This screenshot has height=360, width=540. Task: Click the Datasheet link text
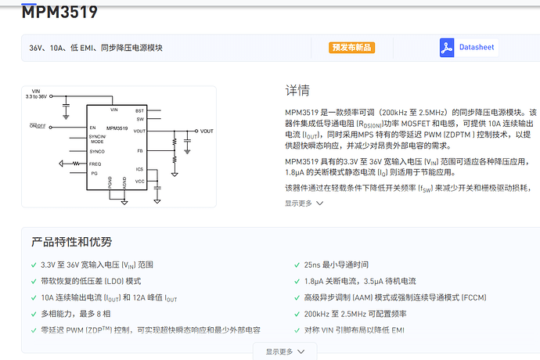coord(477,47)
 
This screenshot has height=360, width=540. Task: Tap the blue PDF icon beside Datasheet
coord(447,47)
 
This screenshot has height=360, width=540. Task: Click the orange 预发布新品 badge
coord(352,47)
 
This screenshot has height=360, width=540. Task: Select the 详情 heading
coord(297,90)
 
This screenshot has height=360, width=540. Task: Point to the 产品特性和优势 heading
coord(72,242)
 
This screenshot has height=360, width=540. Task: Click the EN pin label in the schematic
coord(92,127)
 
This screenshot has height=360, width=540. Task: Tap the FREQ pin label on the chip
coord(95,163)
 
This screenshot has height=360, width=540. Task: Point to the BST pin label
coord(139,110)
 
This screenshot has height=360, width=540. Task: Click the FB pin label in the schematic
coord(140,150)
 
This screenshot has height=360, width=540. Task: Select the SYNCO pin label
coord(97,150)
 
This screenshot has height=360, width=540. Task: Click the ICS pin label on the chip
coord(139,169)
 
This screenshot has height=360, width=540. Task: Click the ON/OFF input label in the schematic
coord(38,126)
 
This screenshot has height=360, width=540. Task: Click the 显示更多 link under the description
coord(304,203)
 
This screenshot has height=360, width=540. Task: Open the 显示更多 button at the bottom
coord(285,351)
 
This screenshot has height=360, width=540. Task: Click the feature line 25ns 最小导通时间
coord(336,265)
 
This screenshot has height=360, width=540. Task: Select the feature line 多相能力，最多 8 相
coord(76,313)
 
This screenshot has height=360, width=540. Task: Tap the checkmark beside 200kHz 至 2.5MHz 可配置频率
coord(296,313)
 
